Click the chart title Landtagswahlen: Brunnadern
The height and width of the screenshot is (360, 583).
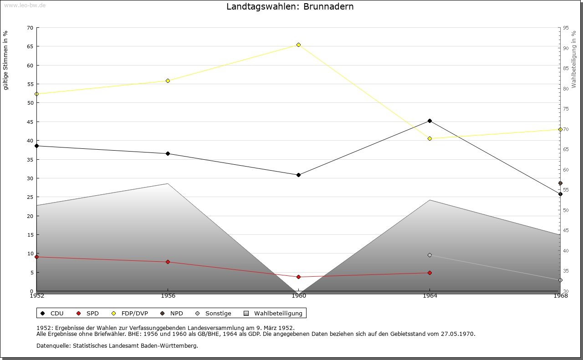point(290,7)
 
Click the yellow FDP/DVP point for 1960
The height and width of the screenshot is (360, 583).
point(298,45)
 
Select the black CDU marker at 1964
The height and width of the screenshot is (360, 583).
point(430,121)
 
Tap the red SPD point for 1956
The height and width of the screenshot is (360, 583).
point(168,262)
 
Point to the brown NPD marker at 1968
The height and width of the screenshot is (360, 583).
point(560,183)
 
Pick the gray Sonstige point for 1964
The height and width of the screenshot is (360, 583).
point(430,255)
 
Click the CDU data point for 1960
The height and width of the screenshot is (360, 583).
point(298,175)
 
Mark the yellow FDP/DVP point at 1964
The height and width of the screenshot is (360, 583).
point(430,138)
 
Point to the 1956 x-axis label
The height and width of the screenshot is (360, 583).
point(168,296)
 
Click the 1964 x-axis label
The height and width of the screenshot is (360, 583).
point(430,296)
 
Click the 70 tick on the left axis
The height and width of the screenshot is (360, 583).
point(30,28)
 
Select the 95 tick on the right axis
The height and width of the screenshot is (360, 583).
point(566,28)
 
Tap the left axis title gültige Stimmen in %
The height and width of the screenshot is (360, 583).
point(6,60)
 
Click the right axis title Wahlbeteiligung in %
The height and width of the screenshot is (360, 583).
point(574,59)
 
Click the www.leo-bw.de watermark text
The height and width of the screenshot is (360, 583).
point(24,5)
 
